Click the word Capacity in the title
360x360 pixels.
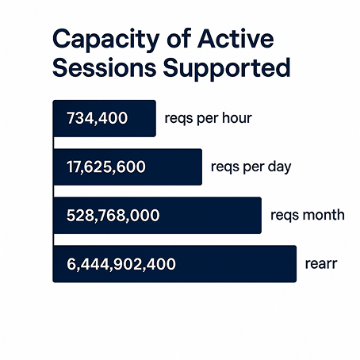point(105,40)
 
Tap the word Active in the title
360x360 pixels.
point(236,39)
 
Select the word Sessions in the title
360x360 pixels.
point(104,67)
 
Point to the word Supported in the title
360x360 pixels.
point(227,68)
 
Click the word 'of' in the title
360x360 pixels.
point(179,39)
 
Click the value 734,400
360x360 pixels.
point(98,118)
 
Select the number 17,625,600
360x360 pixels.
point(106,167)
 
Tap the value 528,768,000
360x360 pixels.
point(113,215)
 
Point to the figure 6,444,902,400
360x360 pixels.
point(121,264)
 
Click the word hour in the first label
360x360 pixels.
point(237,117)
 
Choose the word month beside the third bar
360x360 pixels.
point(324,215)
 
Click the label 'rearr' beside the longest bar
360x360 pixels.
point(321,264)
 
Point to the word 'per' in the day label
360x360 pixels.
point(254,167)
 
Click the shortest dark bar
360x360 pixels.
point(105,118)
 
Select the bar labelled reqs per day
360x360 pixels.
point(128,167)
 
